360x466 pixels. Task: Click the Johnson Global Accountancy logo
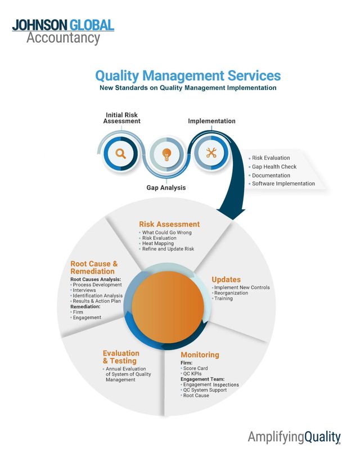[62, 32]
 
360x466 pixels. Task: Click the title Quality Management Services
[187, 75]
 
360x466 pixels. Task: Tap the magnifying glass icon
[121, 153]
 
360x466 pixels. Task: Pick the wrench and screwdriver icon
[211, 153]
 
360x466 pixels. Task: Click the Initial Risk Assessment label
[121, 118]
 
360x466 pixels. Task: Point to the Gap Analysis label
[166, 187]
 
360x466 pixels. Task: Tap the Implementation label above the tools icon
[211, 121]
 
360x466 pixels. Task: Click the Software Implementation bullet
[283, 183]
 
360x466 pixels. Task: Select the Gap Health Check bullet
[274, 167]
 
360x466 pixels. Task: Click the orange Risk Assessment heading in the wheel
[169, 224]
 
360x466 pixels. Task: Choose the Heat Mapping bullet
[159, 243]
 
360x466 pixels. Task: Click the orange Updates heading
[226, 279]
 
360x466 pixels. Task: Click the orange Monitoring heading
[200, 355]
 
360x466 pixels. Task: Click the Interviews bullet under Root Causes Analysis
[84, 290]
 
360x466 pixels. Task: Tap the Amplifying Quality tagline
[294, 437]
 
